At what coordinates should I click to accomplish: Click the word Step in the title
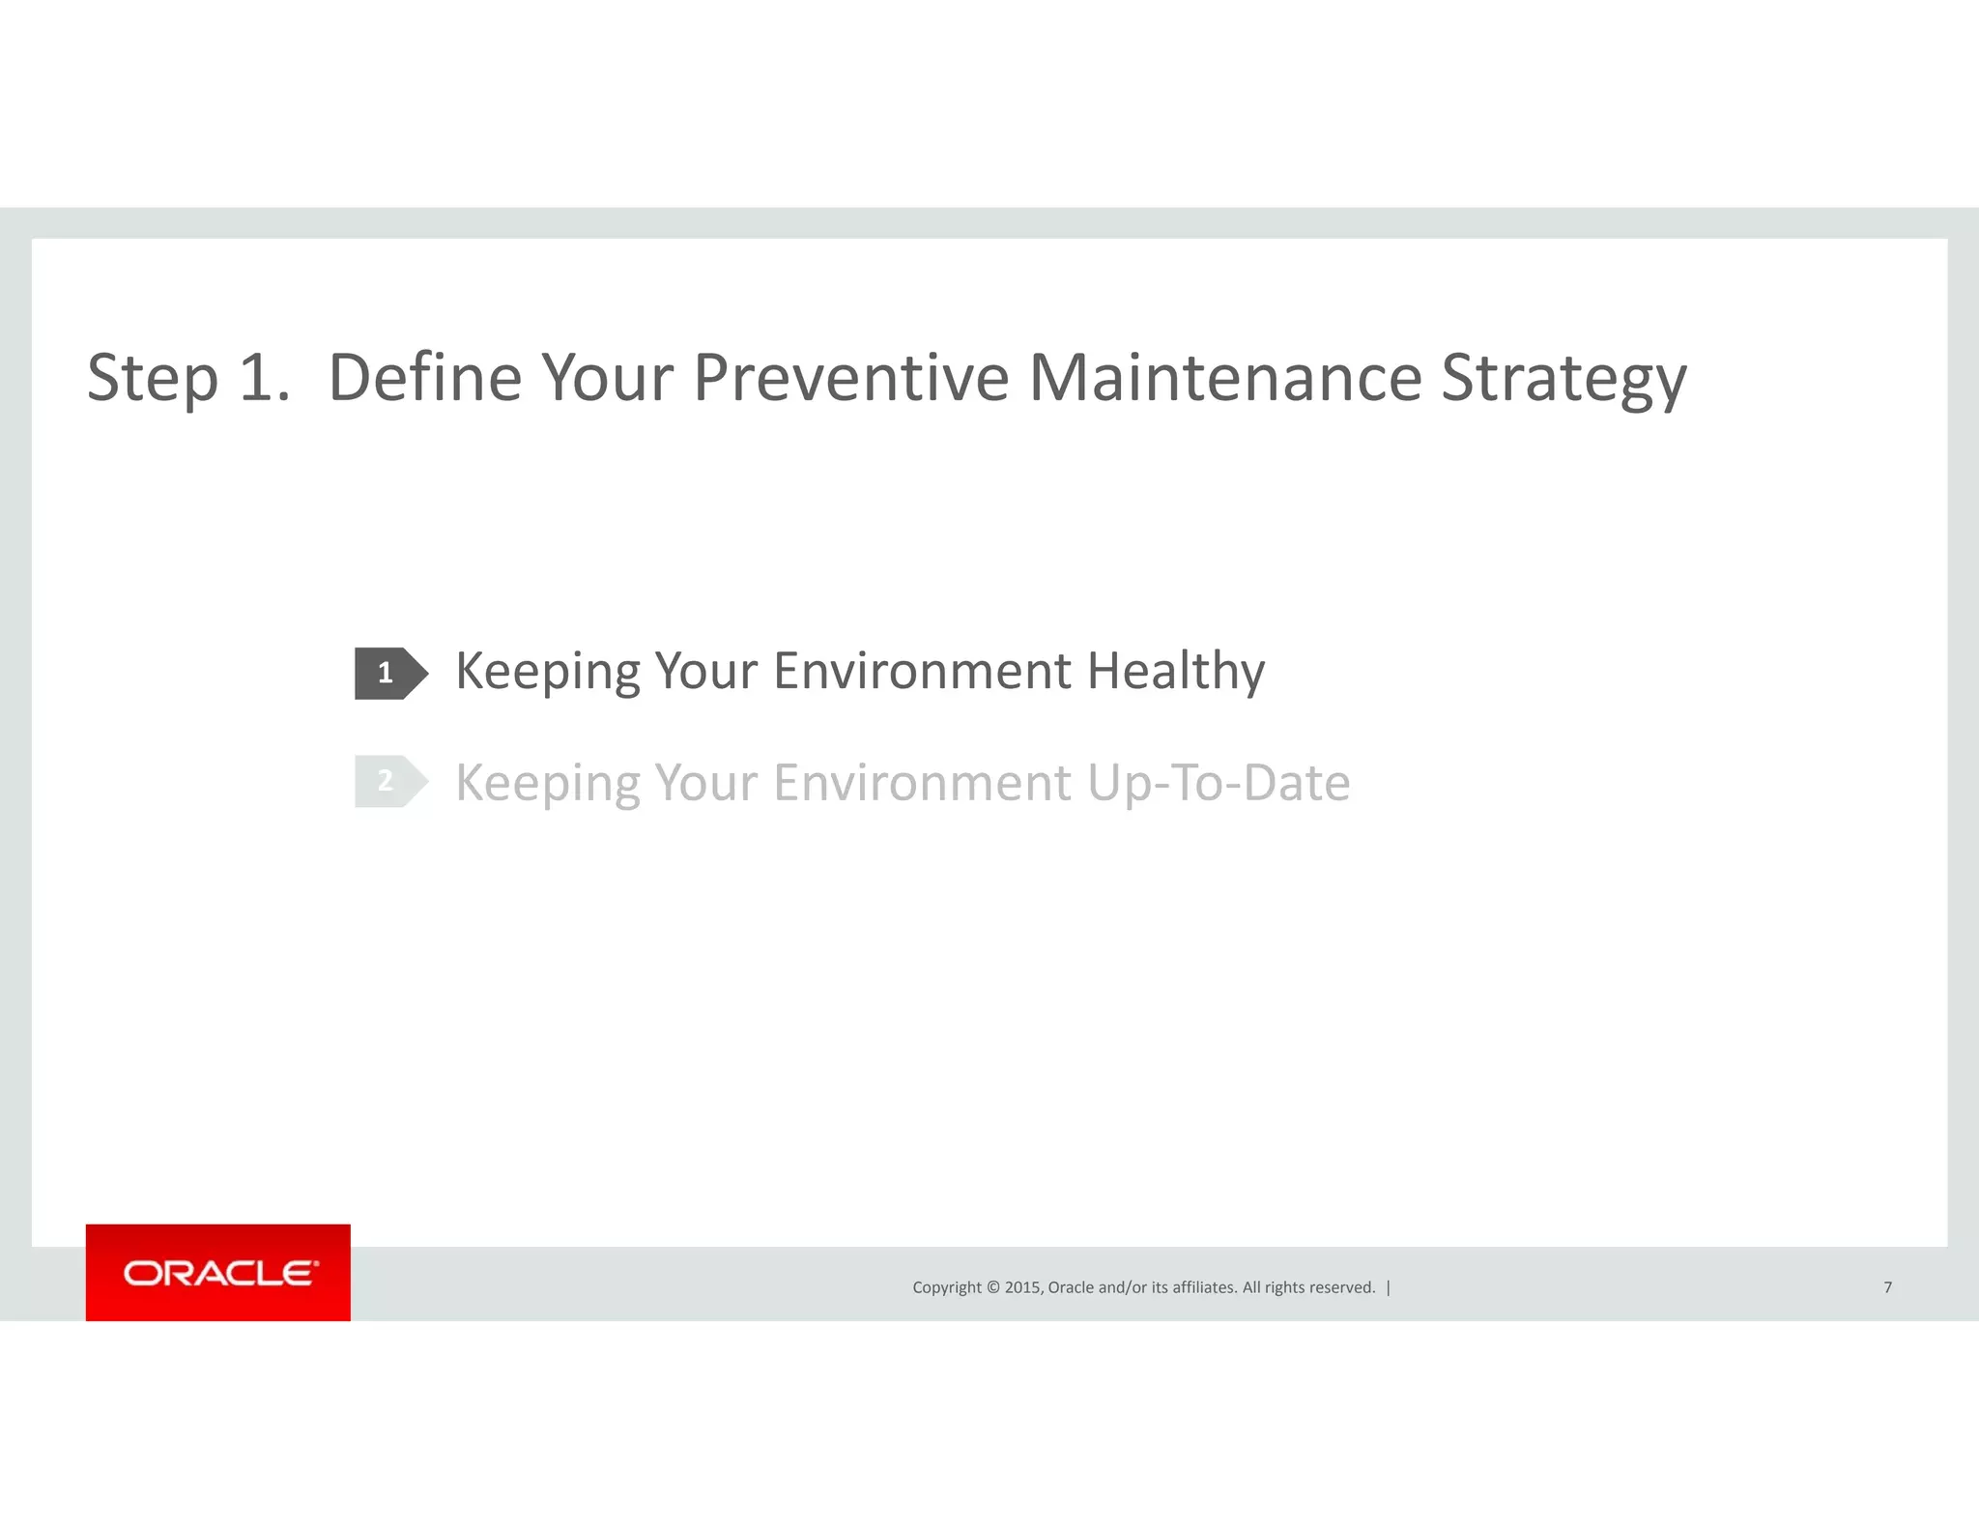click(152, 378)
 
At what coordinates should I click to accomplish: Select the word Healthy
click(1175, 671)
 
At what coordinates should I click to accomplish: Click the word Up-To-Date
click(1218, 783)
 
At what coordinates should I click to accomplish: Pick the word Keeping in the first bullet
click(547, 671)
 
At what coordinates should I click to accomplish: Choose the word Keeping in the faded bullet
click(547, 783)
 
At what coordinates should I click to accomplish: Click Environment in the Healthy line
click(922, 671)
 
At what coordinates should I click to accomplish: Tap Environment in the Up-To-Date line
click(922, 783)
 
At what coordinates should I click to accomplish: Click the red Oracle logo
click(218, 1272)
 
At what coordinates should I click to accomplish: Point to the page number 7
click(1887, 1287)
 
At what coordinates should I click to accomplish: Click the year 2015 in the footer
click(1022, 1287)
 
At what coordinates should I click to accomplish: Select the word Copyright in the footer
click(946, 1287)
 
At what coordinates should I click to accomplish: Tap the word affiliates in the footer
click(1204, 1287)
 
